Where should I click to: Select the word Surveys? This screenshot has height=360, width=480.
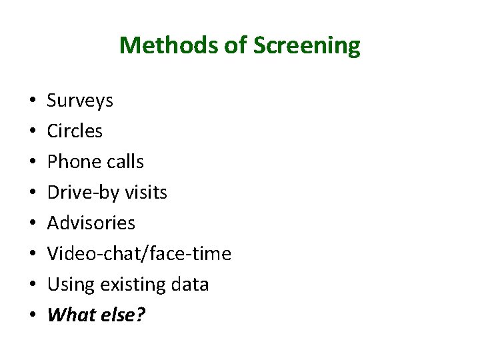click(x=80, y=101)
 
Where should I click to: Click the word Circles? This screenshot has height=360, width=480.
click(x=75, y=131)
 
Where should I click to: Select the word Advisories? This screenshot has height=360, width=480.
click(x=91, y=223)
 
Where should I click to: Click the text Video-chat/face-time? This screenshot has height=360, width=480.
click(x=139, y=253)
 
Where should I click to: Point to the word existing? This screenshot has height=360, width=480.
click(x=131, y=285)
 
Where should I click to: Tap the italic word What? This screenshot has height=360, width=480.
click(x=71, y=315)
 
